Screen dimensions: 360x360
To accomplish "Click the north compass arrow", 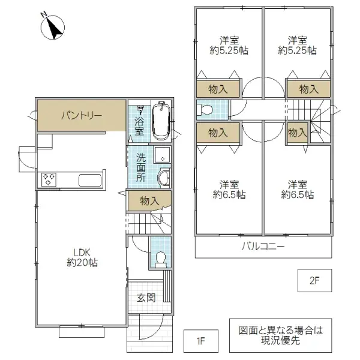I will pyautogui.click(x=53, y=26).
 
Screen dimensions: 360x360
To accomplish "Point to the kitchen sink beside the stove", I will pyautogui.click(x=90, y=179).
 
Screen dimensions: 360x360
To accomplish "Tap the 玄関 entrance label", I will pyautogui.click(x=145, y=298).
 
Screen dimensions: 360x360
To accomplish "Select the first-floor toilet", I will pyautogui.click(x=160, y=258).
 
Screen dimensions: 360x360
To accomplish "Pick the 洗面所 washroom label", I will pyautogui.click(x=141, y=169).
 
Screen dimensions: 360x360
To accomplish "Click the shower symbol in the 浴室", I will pyautogui.click(x=140, y=111).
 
